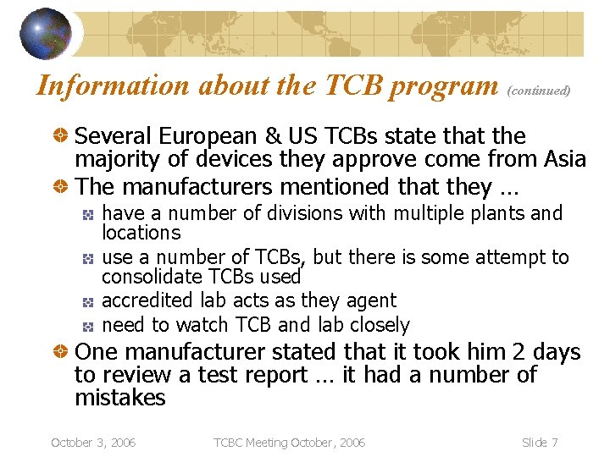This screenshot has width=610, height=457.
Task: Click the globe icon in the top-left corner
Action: tap(47, 35)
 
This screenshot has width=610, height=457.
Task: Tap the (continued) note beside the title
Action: tap(539, 90)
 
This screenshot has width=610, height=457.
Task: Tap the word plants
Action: tap(500, 212)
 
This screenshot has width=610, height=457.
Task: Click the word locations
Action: tap(141, 233)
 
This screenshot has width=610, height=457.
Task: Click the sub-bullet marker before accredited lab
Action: tap(87, 301)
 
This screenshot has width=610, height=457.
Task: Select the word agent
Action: tap(371, 301)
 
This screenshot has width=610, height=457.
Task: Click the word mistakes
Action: tap(119, 398)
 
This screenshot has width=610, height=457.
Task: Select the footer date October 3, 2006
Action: tap(93, 443)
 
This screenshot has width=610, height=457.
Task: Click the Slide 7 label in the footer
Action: tap(540, 443)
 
